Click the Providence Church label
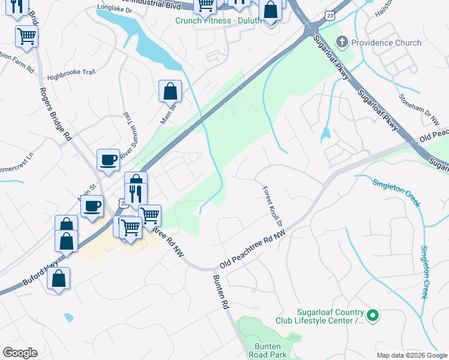tap(387, 43)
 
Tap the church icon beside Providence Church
tap(342, 42)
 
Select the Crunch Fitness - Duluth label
tap(218, 20)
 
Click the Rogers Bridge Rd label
tap(54, 114)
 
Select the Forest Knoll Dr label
tap(272, 205)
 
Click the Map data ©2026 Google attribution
tap(411, 355)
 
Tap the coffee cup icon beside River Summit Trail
tap(108, 160)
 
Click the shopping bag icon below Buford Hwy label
tap(58, 279)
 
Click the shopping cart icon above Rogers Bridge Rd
tap(27, 35)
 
